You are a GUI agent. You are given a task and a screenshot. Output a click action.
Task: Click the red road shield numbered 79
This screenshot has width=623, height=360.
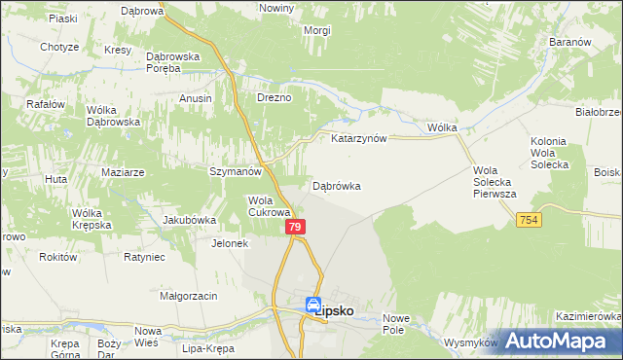click(x=297, y=227)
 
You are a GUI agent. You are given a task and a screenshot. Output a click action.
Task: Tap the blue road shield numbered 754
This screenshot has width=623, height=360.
click(x=528, y=221)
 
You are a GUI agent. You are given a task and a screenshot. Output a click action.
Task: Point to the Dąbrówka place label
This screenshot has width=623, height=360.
click(x=337, y=185)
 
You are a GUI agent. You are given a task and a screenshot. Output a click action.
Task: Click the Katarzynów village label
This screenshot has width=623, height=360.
click(x=359, y=139)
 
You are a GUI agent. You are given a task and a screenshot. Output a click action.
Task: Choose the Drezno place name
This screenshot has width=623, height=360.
click(x=274, y=98)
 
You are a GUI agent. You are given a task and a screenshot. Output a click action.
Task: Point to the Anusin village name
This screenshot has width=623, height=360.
click(x=196, y=98)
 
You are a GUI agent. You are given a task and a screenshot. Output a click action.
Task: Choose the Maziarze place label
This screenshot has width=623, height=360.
click(x=123, y=172)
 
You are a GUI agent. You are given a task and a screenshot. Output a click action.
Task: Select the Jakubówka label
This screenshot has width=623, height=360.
click(x=189, y=220)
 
